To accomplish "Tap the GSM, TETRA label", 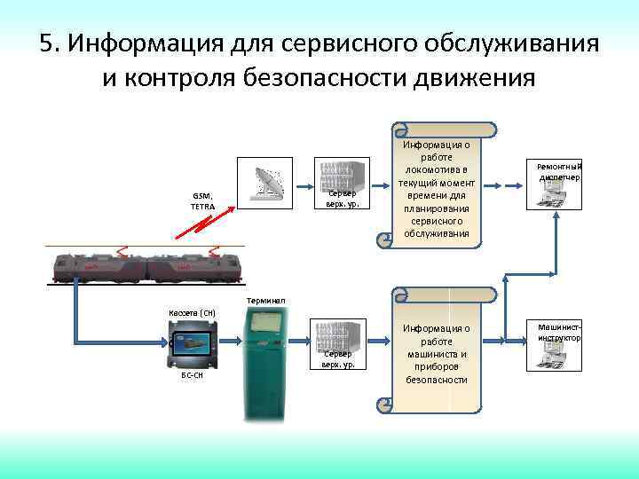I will click(x=202, y=201).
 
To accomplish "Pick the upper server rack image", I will click(x=342, y=177).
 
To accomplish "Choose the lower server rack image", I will click(x=338, y=338).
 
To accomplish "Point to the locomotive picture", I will click(x=146, y=263).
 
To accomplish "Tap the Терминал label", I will click(x=265, y=302).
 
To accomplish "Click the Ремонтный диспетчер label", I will click(x=558, y=170).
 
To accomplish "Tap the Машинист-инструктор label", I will click(x=558, y=333).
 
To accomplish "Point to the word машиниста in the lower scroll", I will click(x=436, y=354).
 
